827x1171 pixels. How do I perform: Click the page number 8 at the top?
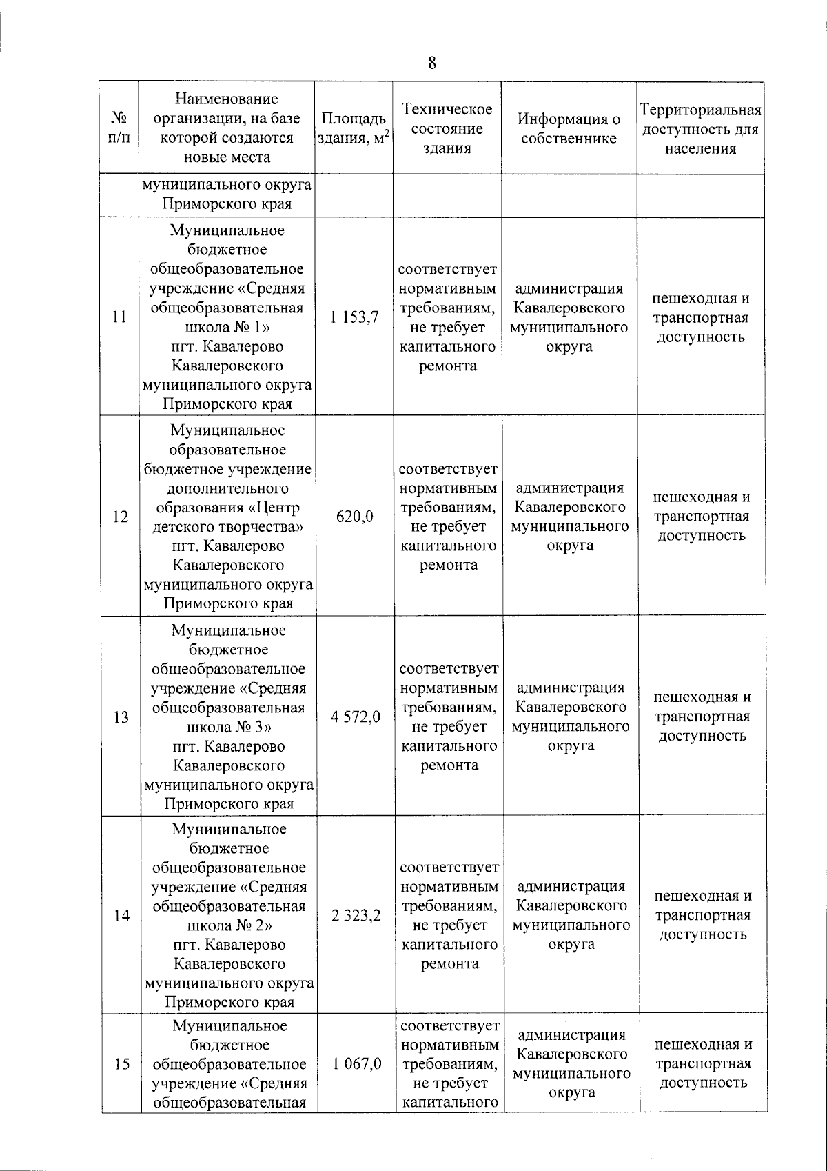click(x=431, y=63)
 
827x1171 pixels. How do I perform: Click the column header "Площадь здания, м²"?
click(x=354, y=128)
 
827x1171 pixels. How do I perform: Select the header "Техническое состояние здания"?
click(x=447, y=128)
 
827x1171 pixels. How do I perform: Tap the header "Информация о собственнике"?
click(x=569, y=128)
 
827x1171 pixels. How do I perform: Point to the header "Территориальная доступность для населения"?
click(x=700, y=129)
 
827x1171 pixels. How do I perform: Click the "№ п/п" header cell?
click(x=119, y=128)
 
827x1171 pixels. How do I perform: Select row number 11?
click(x=119, y=317)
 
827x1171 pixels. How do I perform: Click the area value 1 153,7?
click(x=354, y=317)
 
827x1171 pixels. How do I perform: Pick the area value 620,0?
click(x=354, y=516)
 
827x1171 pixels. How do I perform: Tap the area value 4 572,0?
click(x=355, y=717)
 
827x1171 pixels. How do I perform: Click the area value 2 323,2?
click(x=356, y=916)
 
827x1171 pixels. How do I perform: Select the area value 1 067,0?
click(x=356, y=1063)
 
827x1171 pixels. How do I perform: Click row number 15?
click(x=122, y=1064)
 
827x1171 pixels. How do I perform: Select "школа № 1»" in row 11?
click(x=227, y=327)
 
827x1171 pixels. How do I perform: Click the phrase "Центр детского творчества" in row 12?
click(x=227, y=518)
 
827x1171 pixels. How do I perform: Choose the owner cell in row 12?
click(x=570, y=516)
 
